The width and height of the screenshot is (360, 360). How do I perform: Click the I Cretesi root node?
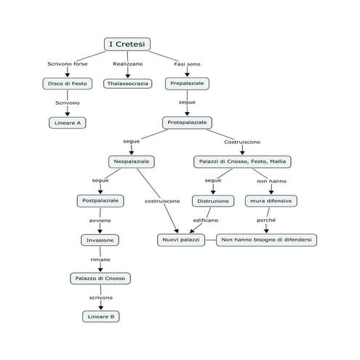pos(127,44)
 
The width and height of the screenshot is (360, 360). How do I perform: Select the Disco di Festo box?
pos(68,84)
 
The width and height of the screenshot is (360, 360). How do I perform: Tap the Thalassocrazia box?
pos(128,84)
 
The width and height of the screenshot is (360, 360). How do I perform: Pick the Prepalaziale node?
pos(187,84)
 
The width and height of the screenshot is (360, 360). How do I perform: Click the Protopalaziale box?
pos(187,123)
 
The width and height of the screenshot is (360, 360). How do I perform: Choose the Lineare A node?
pos(68,123)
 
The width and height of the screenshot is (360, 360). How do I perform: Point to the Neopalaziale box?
pos(132,161)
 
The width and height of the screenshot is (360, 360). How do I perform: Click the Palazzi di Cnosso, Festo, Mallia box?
pos(242,161)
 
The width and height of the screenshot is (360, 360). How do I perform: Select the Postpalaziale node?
pos(100,201)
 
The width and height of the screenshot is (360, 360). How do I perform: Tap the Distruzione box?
pos(213,201)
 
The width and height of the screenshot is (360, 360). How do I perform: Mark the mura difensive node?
pos(271,201)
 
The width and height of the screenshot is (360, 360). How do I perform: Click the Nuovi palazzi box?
pos(181,240)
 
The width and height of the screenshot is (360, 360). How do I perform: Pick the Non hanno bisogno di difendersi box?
pos(266,240)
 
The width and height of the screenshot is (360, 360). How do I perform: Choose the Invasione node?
pos(100,240)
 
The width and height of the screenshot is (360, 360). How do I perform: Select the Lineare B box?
pos(101,316)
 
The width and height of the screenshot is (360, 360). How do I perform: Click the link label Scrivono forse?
pos(68,64)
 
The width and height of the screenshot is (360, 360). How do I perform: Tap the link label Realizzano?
pos(128,64)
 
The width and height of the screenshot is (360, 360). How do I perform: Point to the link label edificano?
pos(206,220)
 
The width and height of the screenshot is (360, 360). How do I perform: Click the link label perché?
pos(266,220)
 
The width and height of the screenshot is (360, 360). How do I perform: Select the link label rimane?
pos(100,260)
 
